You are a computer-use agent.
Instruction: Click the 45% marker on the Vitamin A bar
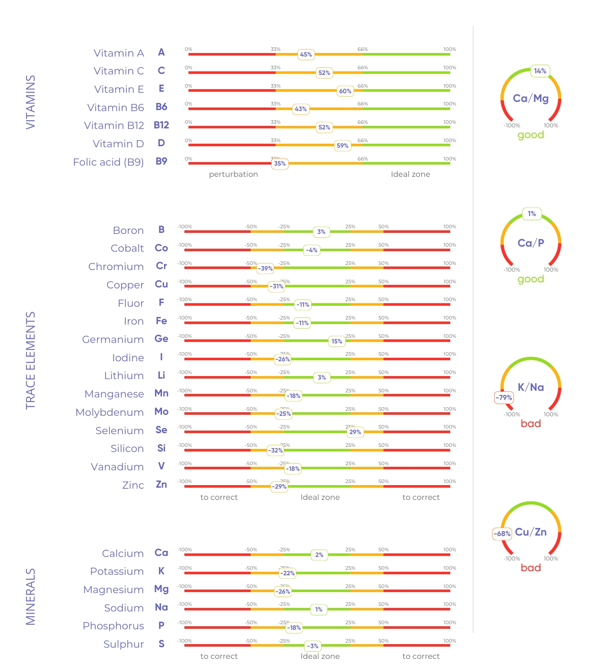pos(306,55)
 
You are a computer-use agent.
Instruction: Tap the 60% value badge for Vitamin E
pos(345,91)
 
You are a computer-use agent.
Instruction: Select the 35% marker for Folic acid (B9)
pos(280,164)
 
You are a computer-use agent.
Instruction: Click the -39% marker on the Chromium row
pos(265,269)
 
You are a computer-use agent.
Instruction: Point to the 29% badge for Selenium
pos(355,432)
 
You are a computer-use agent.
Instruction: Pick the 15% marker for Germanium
pos(337,341)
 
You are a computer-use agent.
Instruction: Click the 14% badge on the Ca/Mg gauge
pos(540,71)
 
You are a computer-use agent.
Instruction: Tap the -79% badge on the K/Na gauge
pos(504,397)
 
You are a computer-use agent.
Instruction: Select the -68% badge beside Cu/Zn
pos(502,534)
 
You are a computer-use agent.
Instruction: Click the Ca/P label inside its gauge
pos(531,243)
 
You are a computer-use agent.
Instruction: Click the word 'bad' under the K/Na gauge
pos(531,423)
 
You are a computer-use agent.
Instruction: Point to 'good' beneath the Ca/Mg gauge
pos(531,135)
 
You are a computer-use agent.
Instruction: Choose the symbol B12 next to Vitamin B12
pos(161,125)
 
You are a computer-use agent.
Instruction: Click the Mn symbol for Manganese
pos(161,393)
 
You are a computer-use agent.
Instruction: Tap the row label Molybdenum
pos(110,412)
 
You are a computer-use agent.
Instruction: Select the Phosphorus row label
pos(113,626)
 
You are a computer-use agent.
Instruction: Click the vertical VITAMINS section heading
pos(31,102)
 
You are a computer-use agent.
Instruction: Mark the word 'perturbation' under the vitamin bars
pos(233,174)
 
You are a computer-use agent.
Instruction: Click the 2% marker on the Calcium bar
pos(319,555)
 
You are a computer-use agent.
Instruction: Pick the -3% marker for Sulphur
pos(313,646)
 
